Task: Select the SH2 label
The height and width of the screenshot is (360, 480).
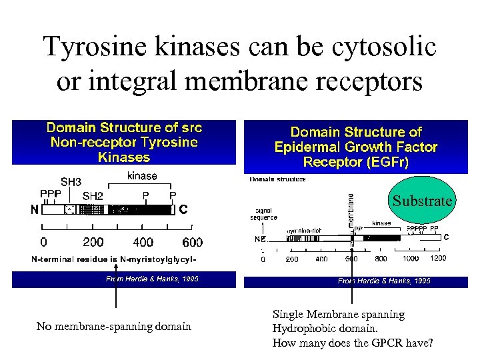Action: [93, 195]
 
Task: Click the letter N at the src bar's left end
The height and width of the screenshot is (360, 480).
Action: [33, 209]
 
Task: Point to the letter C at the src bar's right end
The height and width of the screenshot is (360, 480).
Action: [183, 209]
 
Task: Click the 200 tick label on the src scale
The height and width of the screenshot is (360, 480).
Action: [94, 242]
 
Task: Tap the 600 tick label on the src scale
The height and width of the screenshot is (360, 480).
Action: [192, 242]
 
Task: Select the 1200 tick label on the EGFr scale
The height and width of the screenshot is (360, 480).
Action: [438, 259]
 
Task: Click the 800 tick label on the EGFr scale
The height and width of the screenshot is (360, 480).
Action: [381, 259]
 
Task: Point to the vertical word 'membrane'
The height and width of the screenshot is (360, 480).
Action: [351, 208]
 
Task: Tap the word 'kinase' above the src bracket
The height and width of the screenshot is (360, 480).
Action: [142, 176]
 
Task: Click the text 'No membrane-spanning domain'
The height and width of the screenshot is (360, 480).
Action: [113, 326]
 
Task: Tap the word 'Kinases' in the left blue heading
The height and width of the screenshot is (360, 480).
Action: [124, 157]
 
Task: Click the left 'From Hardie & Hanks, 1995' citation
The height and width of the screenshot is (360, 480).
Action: [152, 279]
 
